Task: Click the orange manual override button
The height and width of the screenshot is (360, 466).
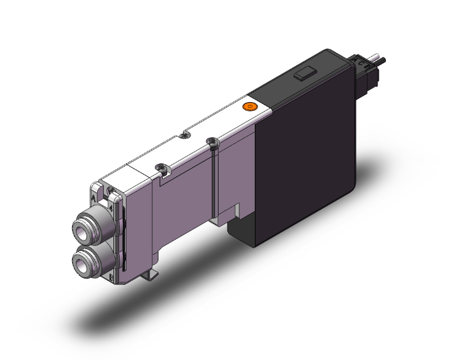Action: click(x=250, y=108)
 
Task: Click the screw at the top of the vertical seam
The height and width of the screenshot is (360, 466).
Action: click(x=212, y=141)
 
